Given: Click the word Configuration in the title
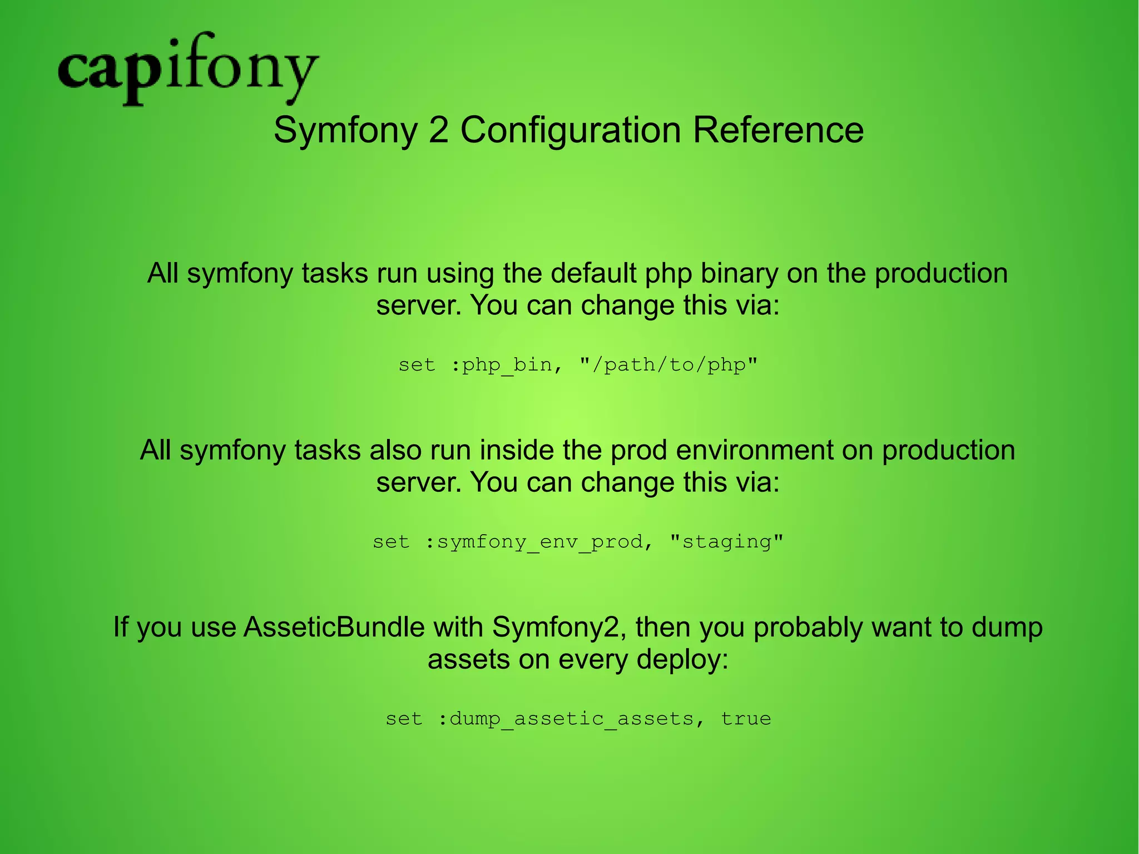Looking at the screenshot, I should (x=570, y=131).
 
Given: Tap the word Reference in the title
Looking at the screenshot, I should (x=778, y=130).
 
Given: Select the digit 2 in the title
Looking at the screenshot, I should (x=439, y=130).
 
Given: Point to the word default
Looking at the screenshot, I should (x=590, y=273).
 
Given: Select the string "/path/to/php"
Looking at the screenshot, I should (x=668, y=366).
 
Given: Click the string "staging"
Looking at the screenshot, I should (x=727, y=542).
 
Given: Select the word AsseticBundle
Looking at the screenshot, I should (x=334, y=627).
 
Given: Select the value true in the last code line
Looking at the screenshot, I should (x=746, y=719).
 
